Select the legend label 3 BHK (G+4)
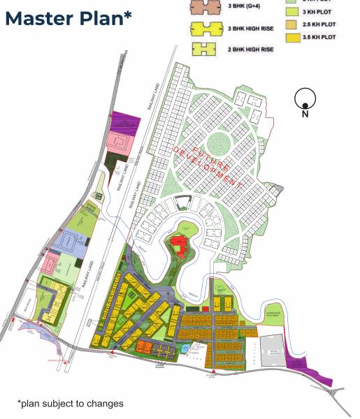244,7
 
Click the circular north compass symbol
305,98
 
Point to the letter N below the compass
305,115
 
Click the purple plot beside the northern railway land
126,123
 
